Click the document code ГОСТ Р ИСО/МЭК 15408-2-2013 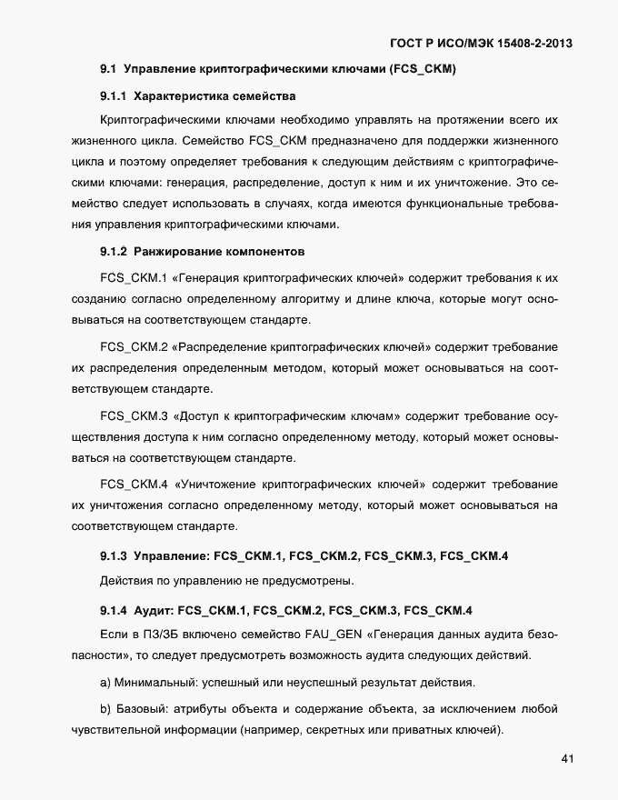point(480,43)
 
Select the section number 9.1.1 point(114,95)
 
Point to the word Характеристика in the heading point(182,95)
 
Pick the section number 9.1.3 point(114,555)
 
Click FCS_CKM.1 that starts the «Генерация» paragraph point(132,276)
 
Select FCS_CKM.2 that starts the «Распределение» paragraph point(132,346)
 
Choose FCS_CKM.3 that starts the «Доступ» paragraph point(132,415)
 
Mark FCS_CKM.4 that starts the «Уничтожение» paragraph point(132,484)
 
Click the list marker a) point(105,682)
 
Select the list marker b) point(105,709)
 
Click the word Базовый point(144,709)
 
